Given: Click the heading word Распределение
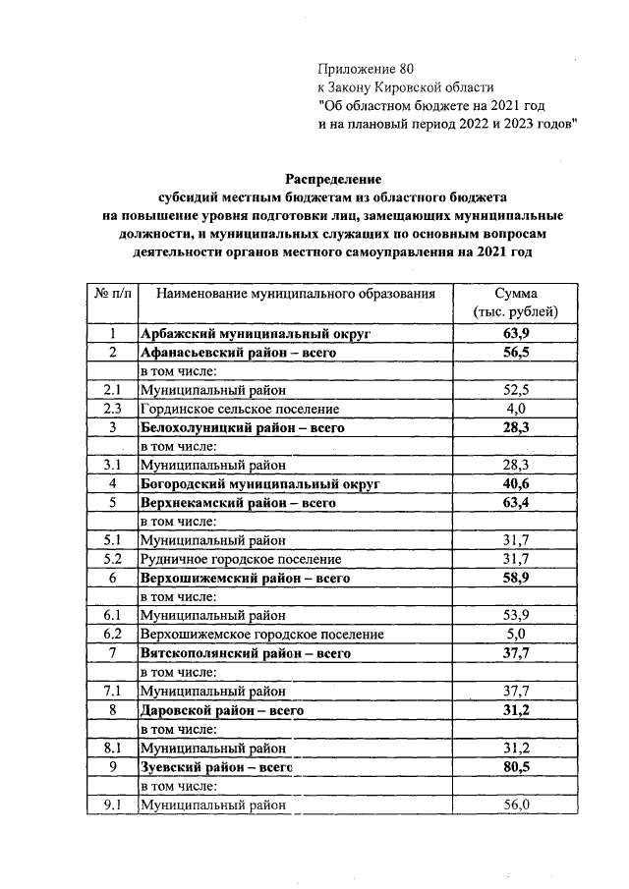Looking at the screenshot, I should [x=332, y=178].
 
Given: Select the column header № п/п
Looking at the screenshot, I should [x=113, y=294].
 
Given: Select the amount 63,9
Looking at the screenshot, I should [x=516, y=334].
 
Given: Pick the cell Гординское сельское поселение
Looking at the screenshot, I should [x=240, y=409].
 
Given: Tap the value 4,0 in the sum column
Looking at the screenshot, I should [x=516, y=409].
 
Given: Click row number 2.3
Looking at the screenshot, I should [x=113, y=409].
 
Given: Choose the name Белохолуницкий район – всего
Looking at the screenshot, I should [x=243, y=427].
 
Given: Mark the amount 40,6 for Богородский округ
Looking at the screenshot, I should [x=516, y=484].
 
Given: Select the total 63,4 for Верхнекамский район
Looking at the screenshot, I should [x=516, y=503].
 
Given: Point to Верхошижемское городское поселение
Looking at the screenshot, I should [x=261, y=634].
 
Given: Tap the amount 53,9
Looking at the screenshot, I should [x=516, y=615].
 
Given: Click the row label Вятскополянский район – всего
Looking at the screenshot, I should [x=245, y=652].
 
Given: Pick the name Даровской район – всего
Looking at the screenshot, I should [x=221, y=709].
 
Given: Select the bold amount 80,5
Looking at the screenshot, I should [x=516, y=766].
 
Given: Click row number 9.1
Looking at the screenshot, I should [x=113, y=805].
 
